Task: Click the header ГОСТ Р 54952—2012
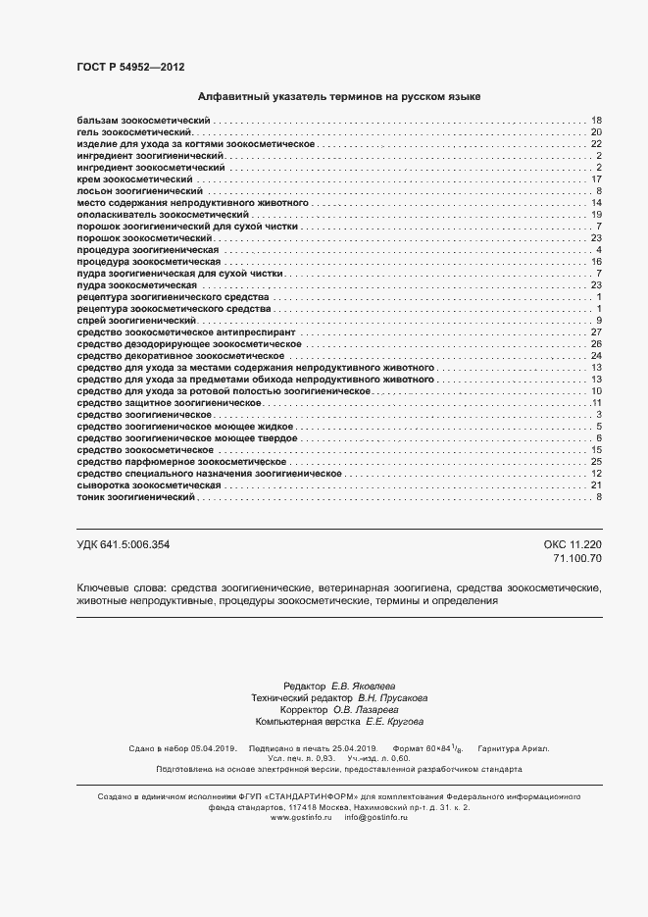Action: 130,67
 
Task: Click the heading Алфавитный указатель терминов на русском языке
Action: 338,97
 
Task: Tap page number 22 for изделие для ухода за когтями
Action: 595,143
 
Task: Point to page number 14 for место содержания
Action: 595,203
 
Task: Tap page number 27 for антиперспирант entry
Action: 595,332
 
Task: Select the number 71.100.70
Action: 577,557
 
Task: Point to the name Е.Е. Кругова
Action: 395,722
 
